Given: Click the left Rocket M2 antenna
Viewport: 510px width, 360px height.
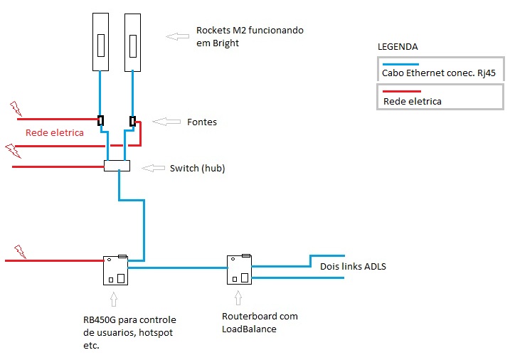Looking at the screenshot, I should (102, 42).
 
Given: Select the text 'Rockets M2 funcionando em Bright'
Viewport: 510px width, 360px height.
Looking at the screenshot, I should (239, 38).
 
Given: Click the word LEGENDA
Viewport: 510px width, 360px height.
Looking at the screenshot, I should (396, 47).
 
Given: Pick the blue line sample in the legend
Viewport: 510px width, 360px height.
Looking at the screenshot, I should (403, 63).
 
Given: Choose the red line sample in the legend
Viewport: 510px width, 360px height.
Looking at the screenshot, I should (402, 92).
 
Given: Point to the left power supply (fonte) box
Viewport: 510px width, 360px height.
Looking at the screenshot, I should (102, 121).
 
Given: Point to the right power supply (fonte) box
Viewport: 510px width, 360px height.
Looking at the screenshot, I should (132, 121).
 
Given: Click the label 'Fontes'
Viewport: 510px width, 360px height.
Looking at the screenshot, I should (203, 122).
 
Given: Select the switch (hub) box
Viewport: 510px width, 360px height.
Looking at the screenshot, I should (117, 166).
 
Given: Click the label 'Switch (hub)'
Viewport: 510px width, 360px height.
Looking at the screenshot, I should (196, 169).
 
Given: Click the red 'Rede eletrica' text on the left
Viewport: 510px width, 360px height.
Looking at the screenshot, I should (55, 132).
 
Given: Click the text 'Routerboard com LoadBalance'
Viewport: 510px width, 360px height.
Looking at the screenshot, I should (260, 322).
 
